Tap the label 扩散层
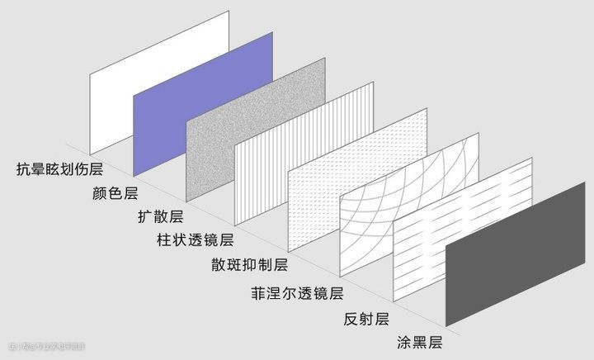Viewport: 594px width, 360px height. pos(159,218)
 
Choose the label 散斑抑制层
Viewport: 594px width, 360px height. pos(249,265)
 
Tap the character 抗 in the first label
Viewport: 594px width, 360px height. pos(23,170)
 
